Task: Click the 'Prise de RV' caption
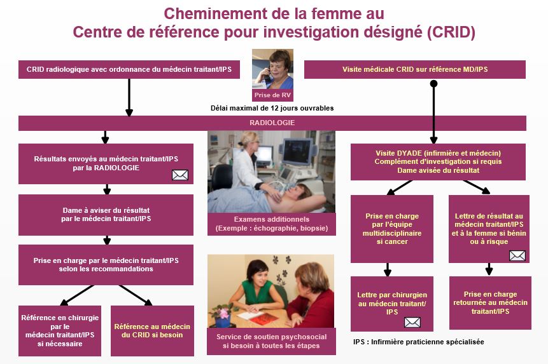pos(272,95)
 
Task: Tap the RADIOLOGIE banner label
pos(272,123)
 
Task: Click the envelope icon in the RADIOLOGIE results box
pos(180,175)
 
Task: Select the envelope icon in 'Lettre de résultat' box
pos(517,255)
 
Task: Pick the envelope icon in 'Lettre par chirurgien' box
pos(412,323)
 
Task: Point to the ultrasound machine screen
pos(297,151)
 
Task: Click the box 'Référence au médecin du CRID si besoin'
pos(152,331)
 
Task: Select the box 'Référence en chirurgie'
pos(60,331)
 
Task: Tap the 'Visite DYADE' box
pos(438,162)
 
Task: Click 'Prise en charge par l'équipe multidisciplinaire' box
pos(392,229)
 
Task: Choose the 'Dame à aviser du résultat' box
pos(106,215)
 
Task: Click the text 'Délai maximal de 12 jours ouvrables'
pos(272,108)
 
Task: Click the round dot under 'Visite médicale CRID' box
pos(433,84)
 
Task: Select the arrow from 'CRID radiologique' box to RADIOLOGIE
pos(129,98)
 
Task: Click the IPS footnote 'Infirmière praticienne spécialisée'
pos(419,342)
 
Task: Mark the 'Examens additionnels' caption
pos(272,224)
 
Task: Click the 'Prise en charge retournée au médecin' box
pos(490,303)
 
